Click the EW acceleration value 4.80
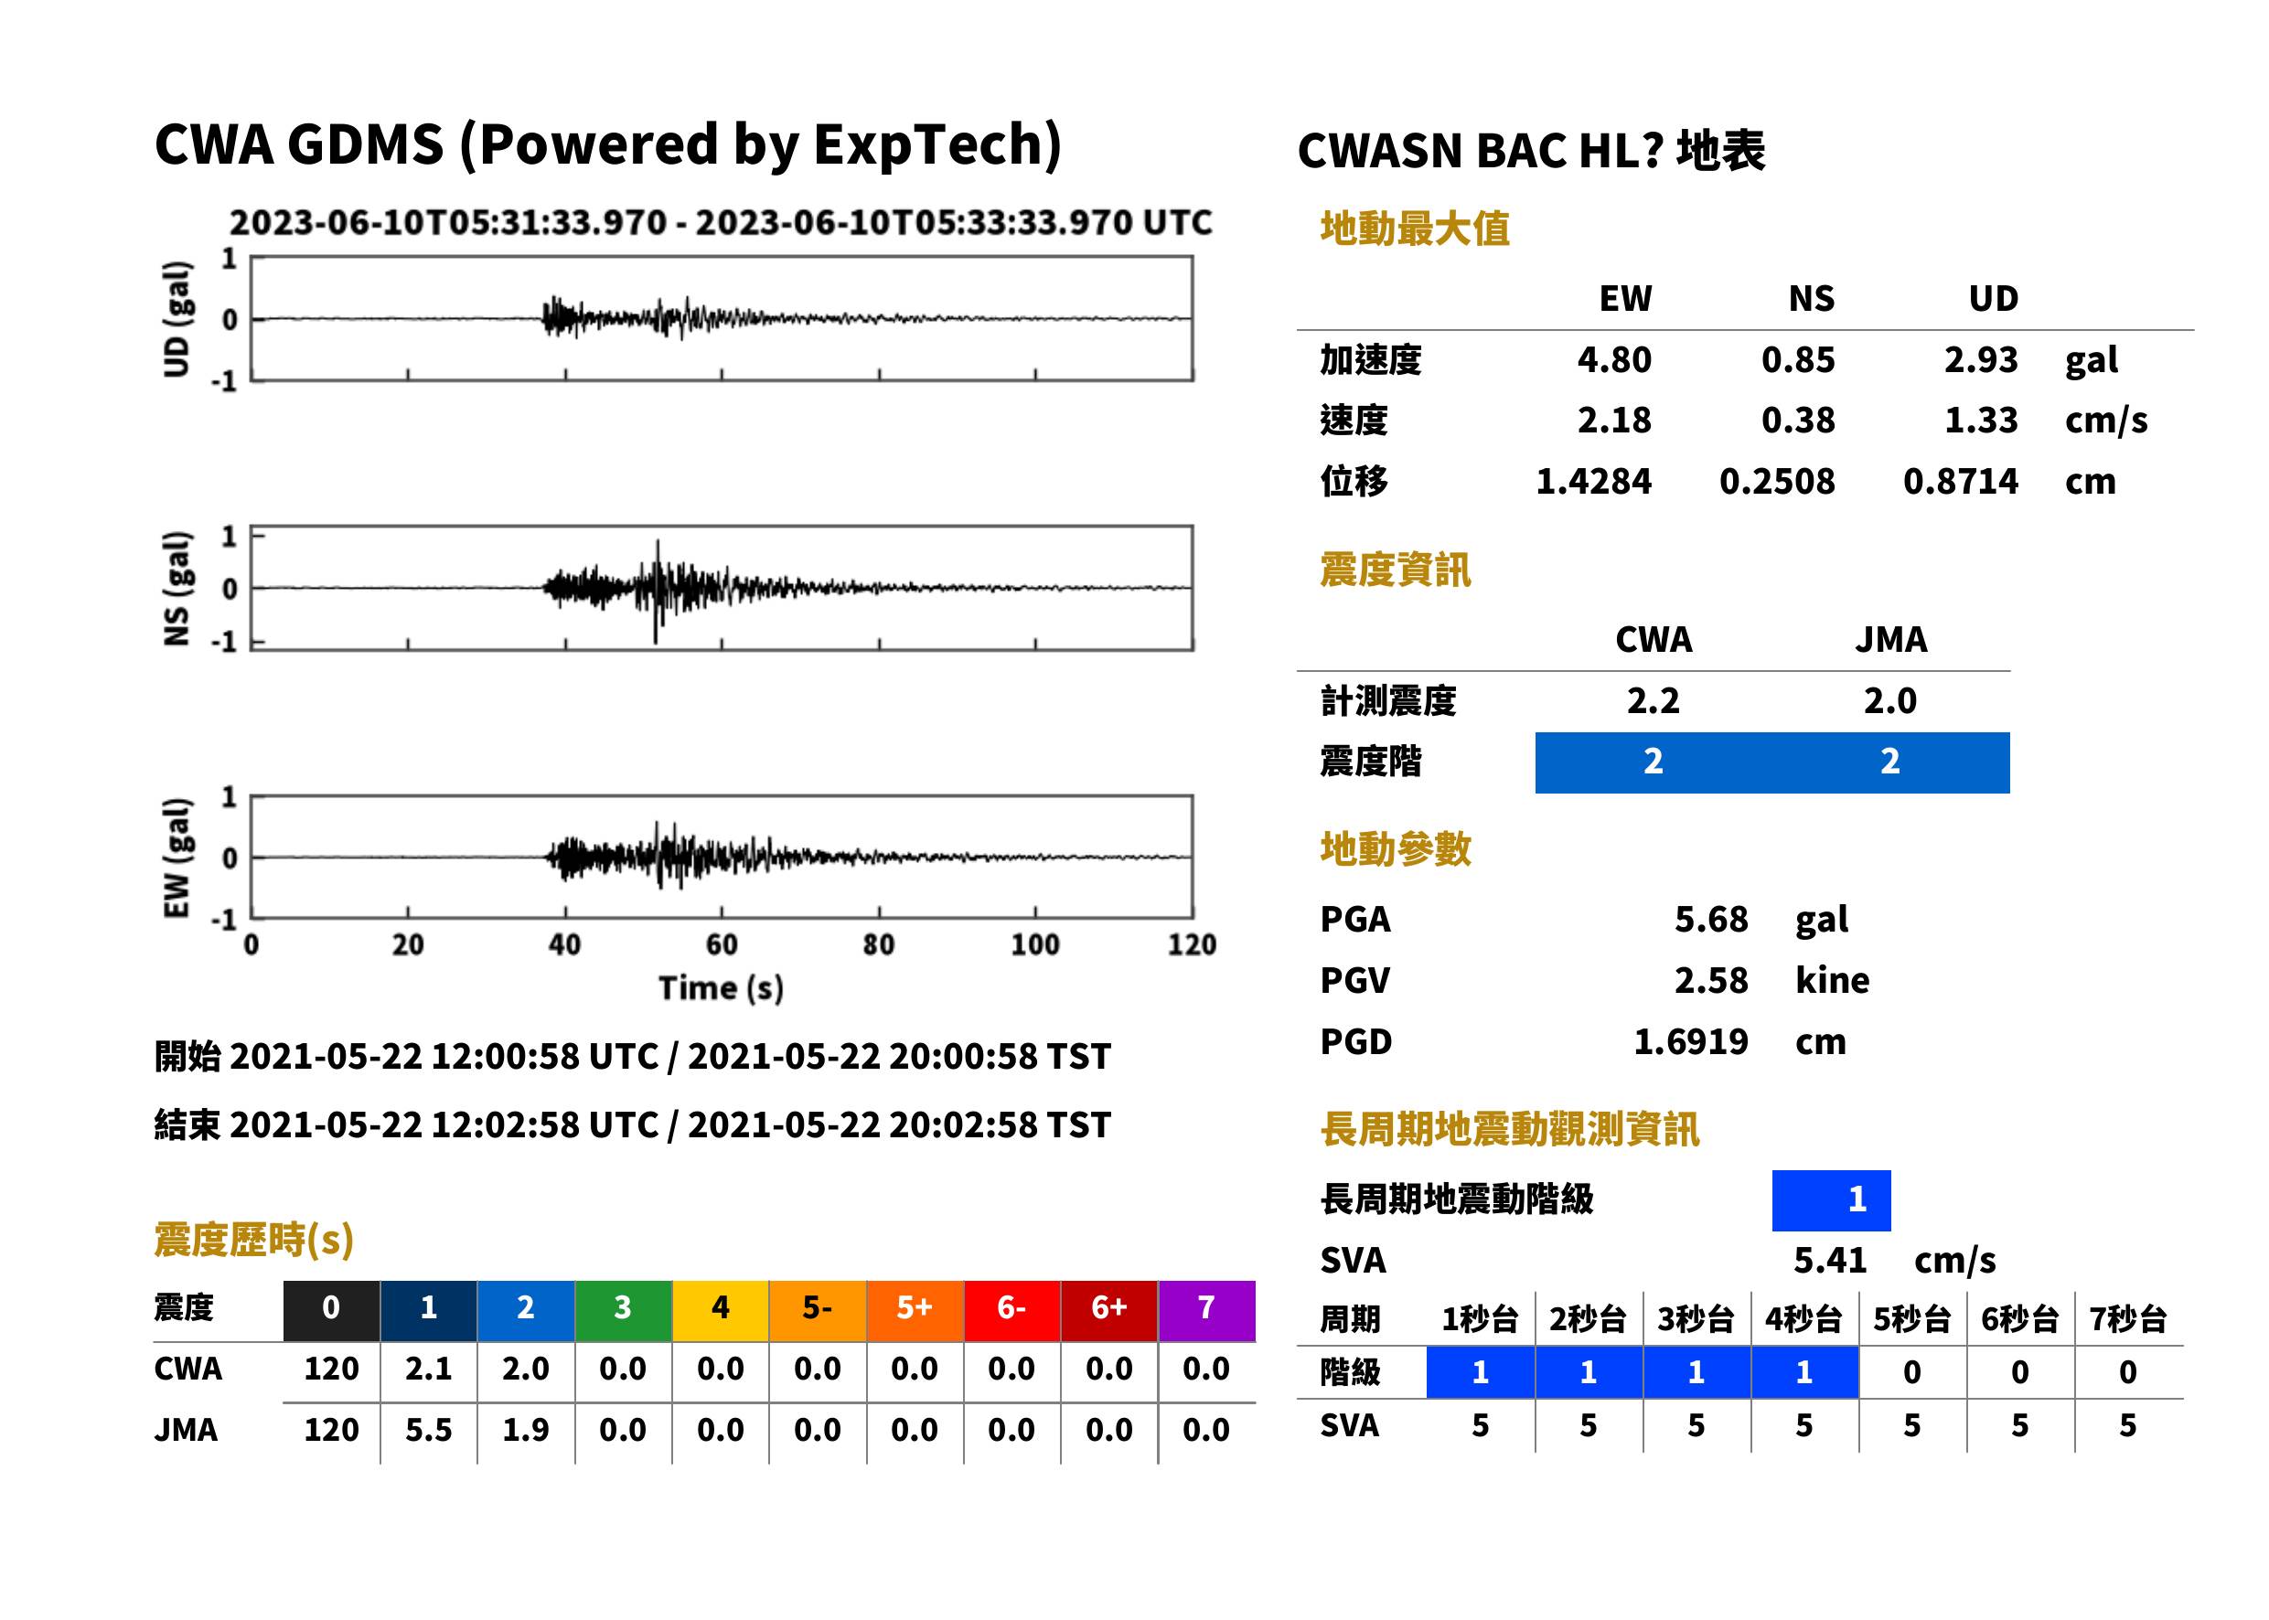point(1613,359)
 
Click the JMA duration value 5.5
point(428,1430)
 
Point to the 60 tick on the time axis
point(722,943)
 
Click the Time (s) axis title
point(721,987)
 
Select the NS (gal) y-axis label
point(176,589)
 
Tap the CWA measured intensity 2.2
point(1653,700)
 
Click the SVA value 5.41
point(1829,1260)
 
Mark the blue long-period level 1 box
point(1831,1200)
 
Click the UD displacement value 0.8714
point(1960,481)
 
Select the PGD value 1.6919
point(1690,1041)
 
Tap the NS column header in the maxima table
point(1811,298)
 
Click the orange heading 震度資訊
point(1395,570)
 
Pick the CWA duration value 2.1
point(428,1369)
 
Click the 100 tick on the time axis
point(1034,943)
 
